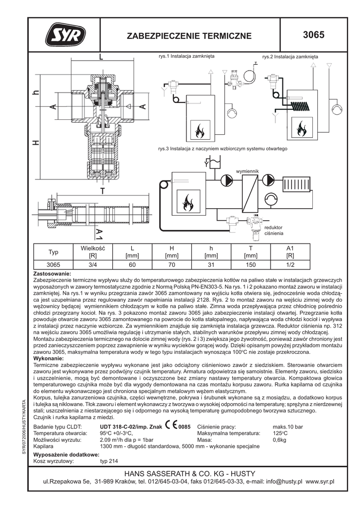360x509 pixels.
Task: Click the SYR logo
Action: point(66,35)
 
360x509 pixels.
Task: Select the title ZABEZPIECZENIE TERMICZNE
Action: point(190,36)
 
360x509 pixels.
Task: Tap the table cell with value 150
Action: point(251,264)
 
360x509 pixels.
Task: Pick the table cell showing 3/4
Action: point(92,264)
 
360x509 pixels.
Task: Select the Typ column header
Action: point(53,252)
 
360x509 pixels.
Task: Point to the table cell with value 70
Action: point(171,264)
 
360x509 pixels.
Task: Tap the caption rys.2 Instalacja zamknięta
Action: point(289,57)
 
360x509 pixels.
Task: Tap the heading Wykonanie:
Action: point(49,358)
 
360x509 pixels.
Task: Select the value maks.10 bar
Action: point(288,426)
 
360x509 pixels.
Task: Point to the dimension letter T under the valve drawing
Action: point(102,191)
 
